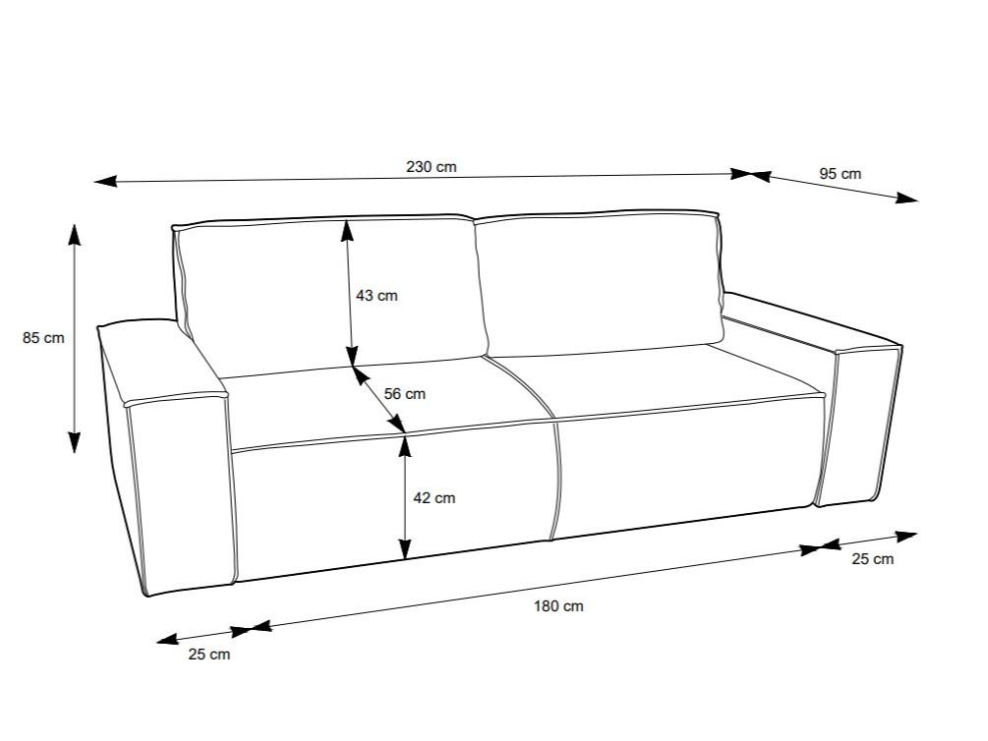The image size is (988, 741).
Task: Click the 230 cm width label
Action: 431,167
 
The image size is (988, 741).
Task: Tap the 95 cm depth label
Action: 840,174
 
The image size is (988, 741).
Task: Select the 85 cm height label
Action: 43,338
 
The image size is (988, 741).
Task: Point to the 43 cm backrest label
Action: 377,296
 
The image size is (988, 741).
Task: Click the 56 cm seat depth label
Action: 404,394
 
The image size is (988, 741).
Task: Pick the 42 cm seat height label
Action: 435,498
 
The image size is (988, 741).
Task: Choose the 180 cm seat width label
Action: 559,606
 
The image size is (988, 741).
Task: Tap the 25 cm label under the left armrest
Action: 209,655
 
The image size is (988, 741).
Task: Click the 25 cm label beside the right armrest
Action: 873,559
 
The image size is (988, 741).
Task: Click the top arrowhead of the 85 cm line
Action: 75,235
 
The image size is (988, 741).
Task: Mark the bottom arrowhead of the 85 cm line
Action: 75,442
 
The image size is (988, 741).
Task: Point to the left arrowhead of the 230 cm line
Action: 105,182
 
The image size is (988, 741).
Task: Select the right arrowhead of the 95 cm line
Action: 907,198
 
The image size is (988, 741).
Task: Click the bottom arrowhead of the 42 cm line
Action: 405,548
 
